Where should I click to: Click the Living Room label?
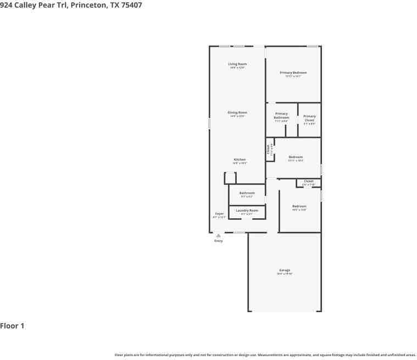238,64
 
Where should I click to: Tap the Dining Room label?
238,113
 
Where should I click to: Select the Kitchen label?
239,159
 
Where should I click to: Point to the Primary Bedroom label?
293,73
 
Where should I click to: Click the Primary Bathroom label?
281,115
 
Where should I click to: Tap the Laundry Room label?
247,210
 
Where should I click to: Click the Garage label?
285,270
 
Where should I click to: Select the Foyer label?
219,213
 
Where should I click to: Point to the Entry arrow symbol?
219,235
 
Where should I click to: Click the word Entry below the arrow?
219,241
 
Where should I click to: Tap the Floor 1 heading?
12,326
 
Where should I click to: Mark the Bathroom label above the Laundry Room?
247,193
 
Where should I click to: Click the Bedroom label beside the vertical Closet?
296,157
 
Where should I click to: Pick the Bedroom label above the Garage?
299,206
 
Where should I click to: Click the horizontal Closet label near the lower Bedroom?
308,181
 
